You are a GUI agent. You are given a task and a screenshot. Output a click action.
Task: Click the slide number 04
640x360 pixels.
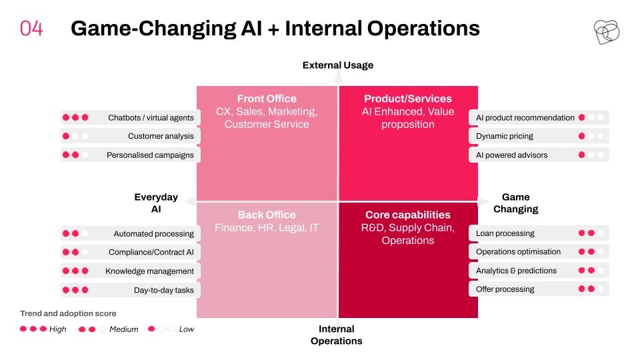(31, 29)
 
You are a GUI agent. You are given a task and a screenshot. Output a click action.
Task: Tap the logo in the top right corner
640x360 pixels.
(607, 32)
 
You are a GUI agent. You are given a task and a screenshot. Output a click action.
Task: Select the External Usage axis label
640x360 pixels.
(338, 65)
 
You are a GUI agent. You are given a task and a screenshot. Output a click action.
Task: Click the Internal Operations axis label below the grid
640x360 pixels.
(336, 335)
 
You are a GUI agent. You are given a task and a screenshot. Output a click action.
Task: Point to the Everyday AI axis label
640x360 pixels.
(156, 203)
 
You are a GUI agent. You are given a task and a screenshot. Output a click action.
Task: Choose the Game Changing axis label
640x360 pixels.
(516, 203)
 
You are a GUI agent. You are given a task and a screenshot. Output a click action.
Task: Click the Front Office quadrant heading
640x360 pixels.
(267, 99)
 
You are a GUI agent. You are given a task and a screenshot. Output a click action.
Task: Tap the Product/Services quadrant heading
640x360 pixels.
(408, 99)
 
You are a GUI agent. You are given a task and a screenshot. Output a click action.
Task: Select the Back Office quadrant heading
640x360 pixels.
(267, 215)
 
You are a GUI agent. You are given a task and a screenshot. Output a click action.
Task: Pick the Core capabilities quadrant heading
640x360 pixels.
(408, 215)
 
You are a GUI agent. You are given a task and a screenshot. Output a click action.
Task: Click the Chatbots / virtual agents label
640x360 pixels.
(151, 117)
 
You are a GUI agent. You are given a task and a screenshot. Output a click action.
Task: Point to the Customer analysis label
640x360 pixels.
(161, 136)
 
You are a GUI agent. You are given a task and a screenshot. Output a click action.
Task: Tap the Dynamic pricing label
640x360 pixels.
(505, 136)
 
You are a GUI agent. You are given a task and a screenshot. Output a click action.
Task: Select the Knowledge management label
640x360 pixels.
(149, 271)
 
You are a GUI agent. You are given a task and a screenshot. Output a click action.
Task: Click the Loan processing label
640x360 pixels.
(505, 233)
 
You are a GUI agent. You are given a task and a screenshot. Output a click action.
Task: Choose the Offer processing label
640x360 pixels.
(505, 289)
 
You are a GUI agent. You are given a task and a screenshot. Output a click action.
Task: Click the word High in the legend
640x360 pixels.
(57, 329)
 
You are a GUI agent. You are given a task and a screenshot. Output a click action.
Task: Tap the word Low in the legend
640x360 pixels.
(187, 329)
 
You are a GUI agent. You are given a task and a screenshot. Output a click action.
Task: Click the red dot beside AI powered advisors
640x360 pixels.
(581, 155)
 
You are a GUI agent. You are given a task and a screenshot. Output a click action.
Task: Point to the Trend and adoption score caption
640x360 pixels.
(68, 313)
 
